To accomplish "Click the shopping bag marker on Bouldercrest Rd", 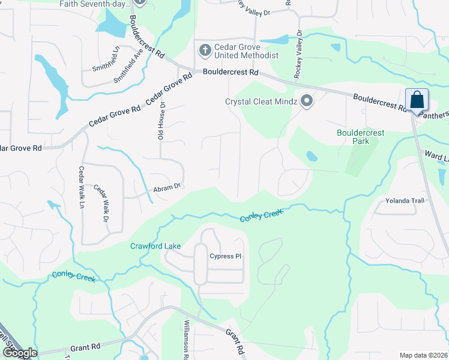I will coord(416,101).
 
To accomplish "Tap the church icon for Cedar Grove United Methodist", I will coord(204,50).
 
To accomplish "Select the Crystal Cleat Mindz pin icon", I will coord(307,101).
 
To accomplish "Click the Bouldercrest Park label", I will coord(360,137).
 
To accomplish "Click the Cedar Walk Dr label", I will coord(99,203).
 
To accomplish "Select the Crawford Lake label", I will coord(155,246).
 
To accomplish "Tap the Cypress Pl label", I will coord(225,256).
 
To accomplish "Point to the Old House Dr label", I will coord(161,120).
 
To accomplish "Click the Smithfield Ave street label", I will coord(128,67).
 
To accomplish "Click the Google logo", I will coord(20,353).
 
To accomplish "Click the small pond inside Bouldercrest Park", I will coord(312,157).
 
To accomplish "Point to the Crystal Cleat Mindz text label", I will coord(261,101).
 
